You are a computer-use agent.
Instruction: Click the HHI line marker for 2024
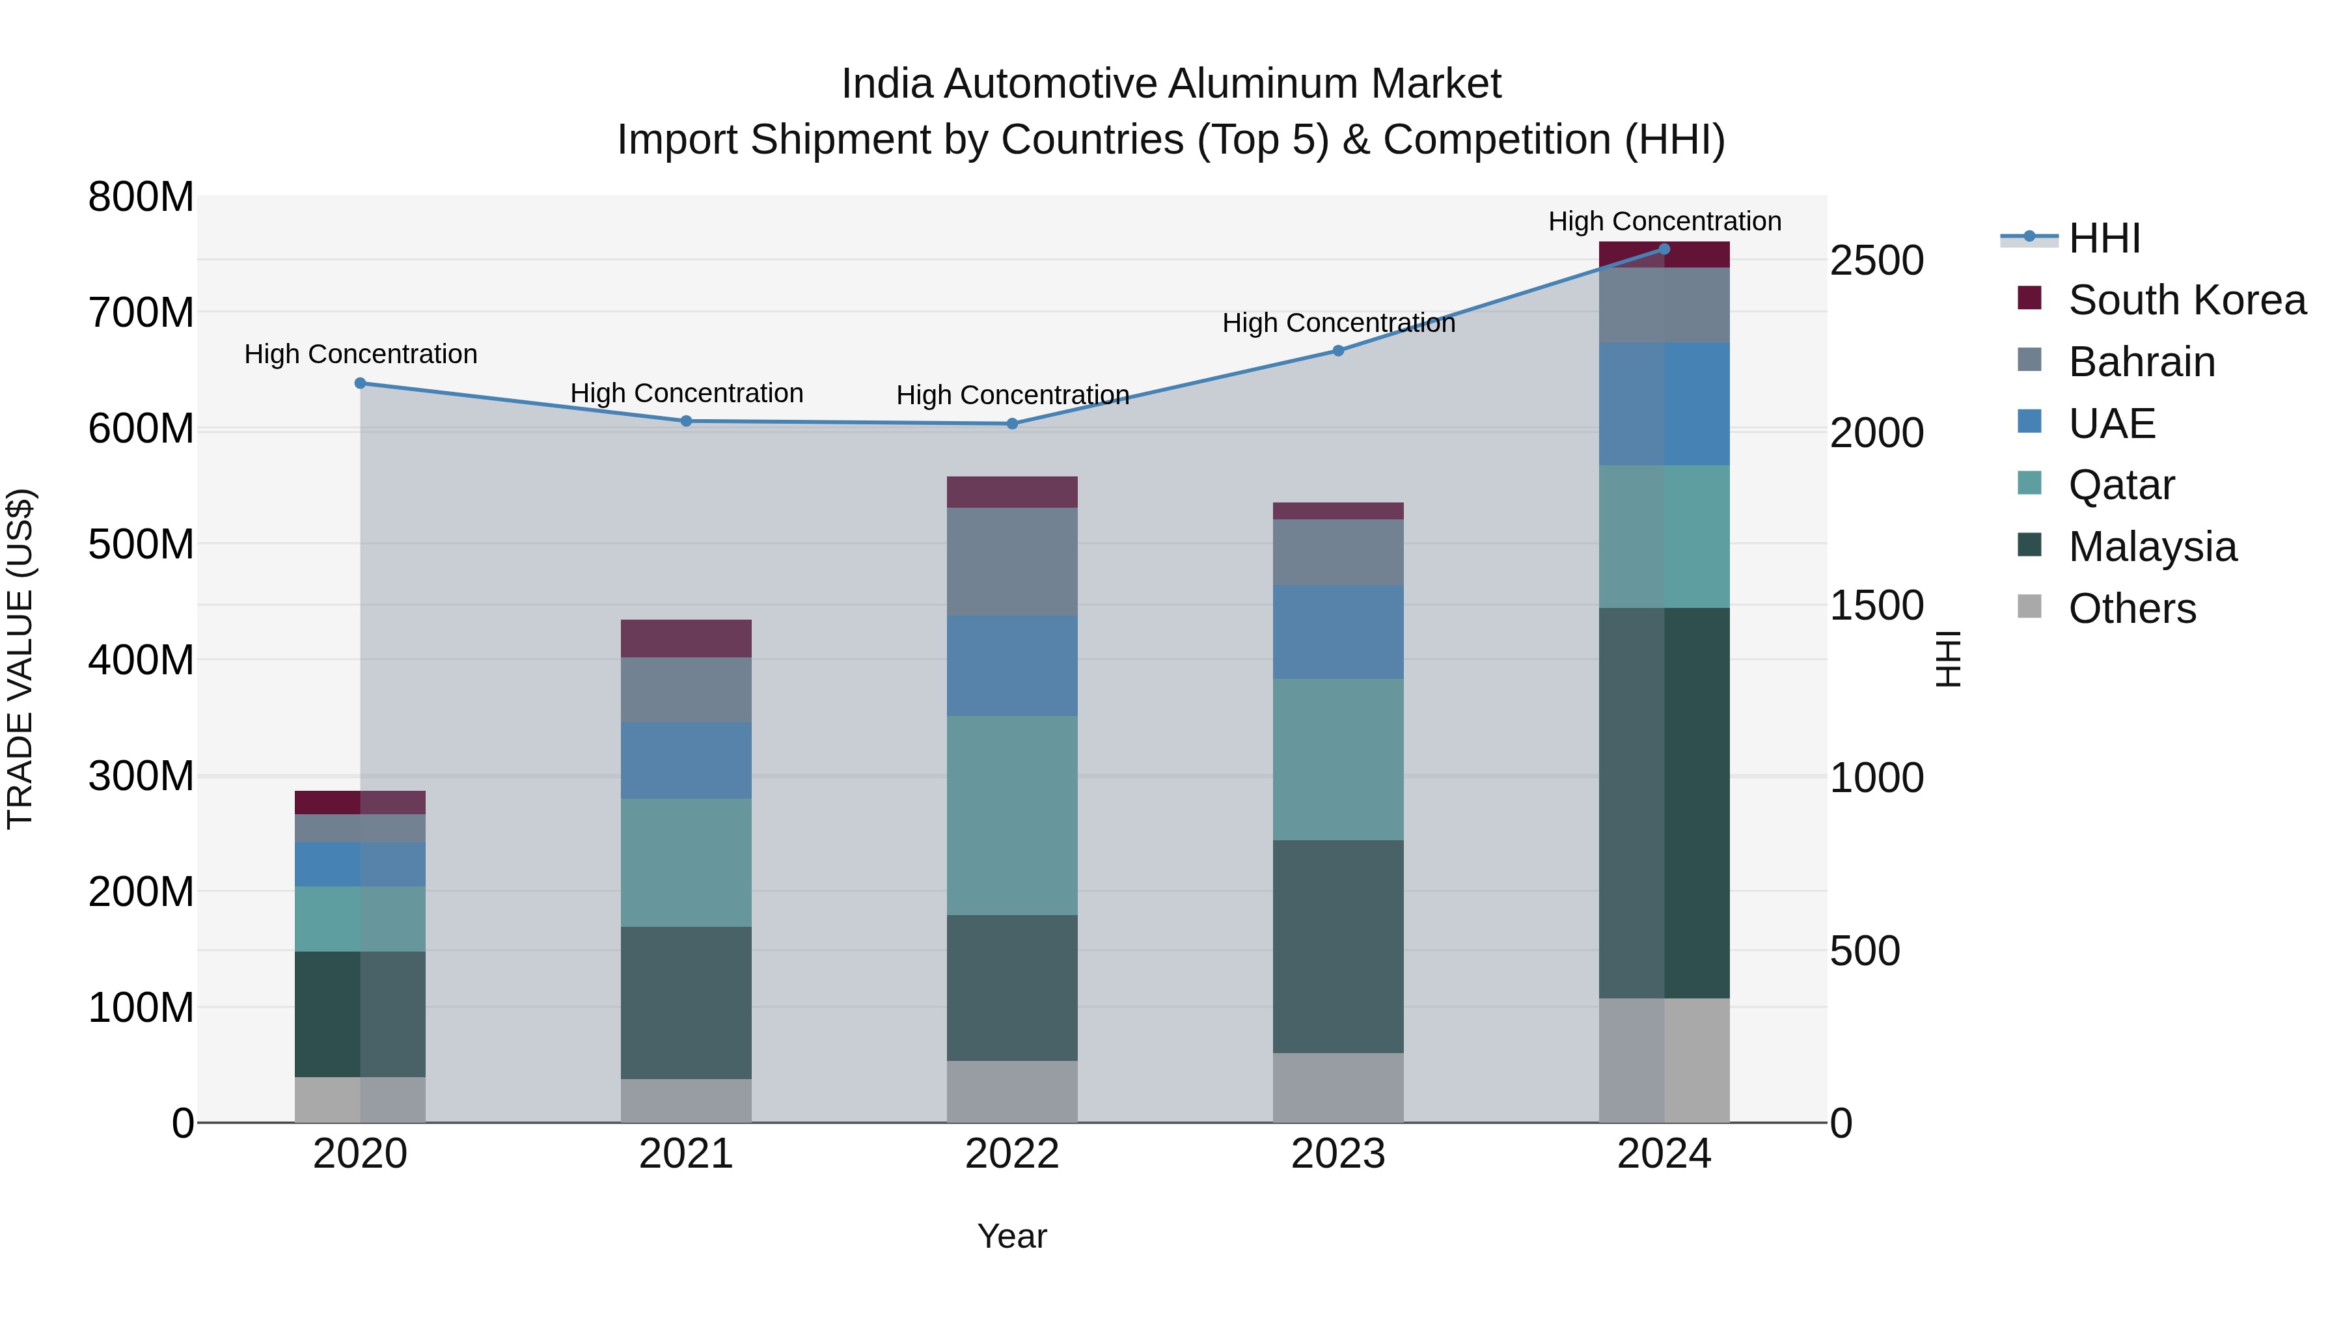pyautogui.click(x=1664, y=249)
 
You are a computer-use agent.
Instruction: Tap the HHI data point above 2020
pyautogui.click(x=360, y=383)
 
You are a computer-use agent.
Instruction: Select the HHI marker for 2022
pyautogui.click(x=1011, y=423)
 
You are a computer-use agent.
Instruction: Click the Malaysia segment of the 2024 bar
pyautogui.click(x=1664, y=803)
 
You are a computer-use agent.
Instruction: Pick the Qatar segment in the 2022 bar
pyautogui.click(x=1011, y=815)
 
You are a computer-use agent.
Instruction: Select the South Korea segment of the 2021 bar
pyautogui.click(x=686, y=638)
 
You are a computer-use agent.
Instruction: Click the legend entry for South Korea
pyautogui.click(x=2187, y=300)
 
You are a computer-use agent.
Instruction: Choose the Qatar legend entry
pyautogui.click(x=2121, y=485)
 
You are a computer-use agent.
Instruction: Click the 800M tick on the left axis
pyautogui.click(x=141, y=197)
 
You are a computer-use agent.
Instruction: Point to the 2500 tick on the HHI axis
pyautogui.click(x=1876, y=261)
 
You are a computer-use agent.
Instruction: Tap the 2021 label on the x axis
pyautogui.click(x=686, y=1154)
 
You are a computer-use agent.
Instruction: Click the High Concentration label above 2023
pyautogui.click(x=1338, y=323)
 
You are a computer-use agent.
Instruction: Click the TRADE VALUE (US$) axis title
pyautogui.click(x=20, y=659)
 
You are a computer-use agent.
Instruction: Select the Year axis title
pyautogui.click(x=1011, y=1236)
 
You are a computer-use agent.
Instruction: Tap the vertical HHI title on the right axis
pyautogui.click(x=1947, y=659)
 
